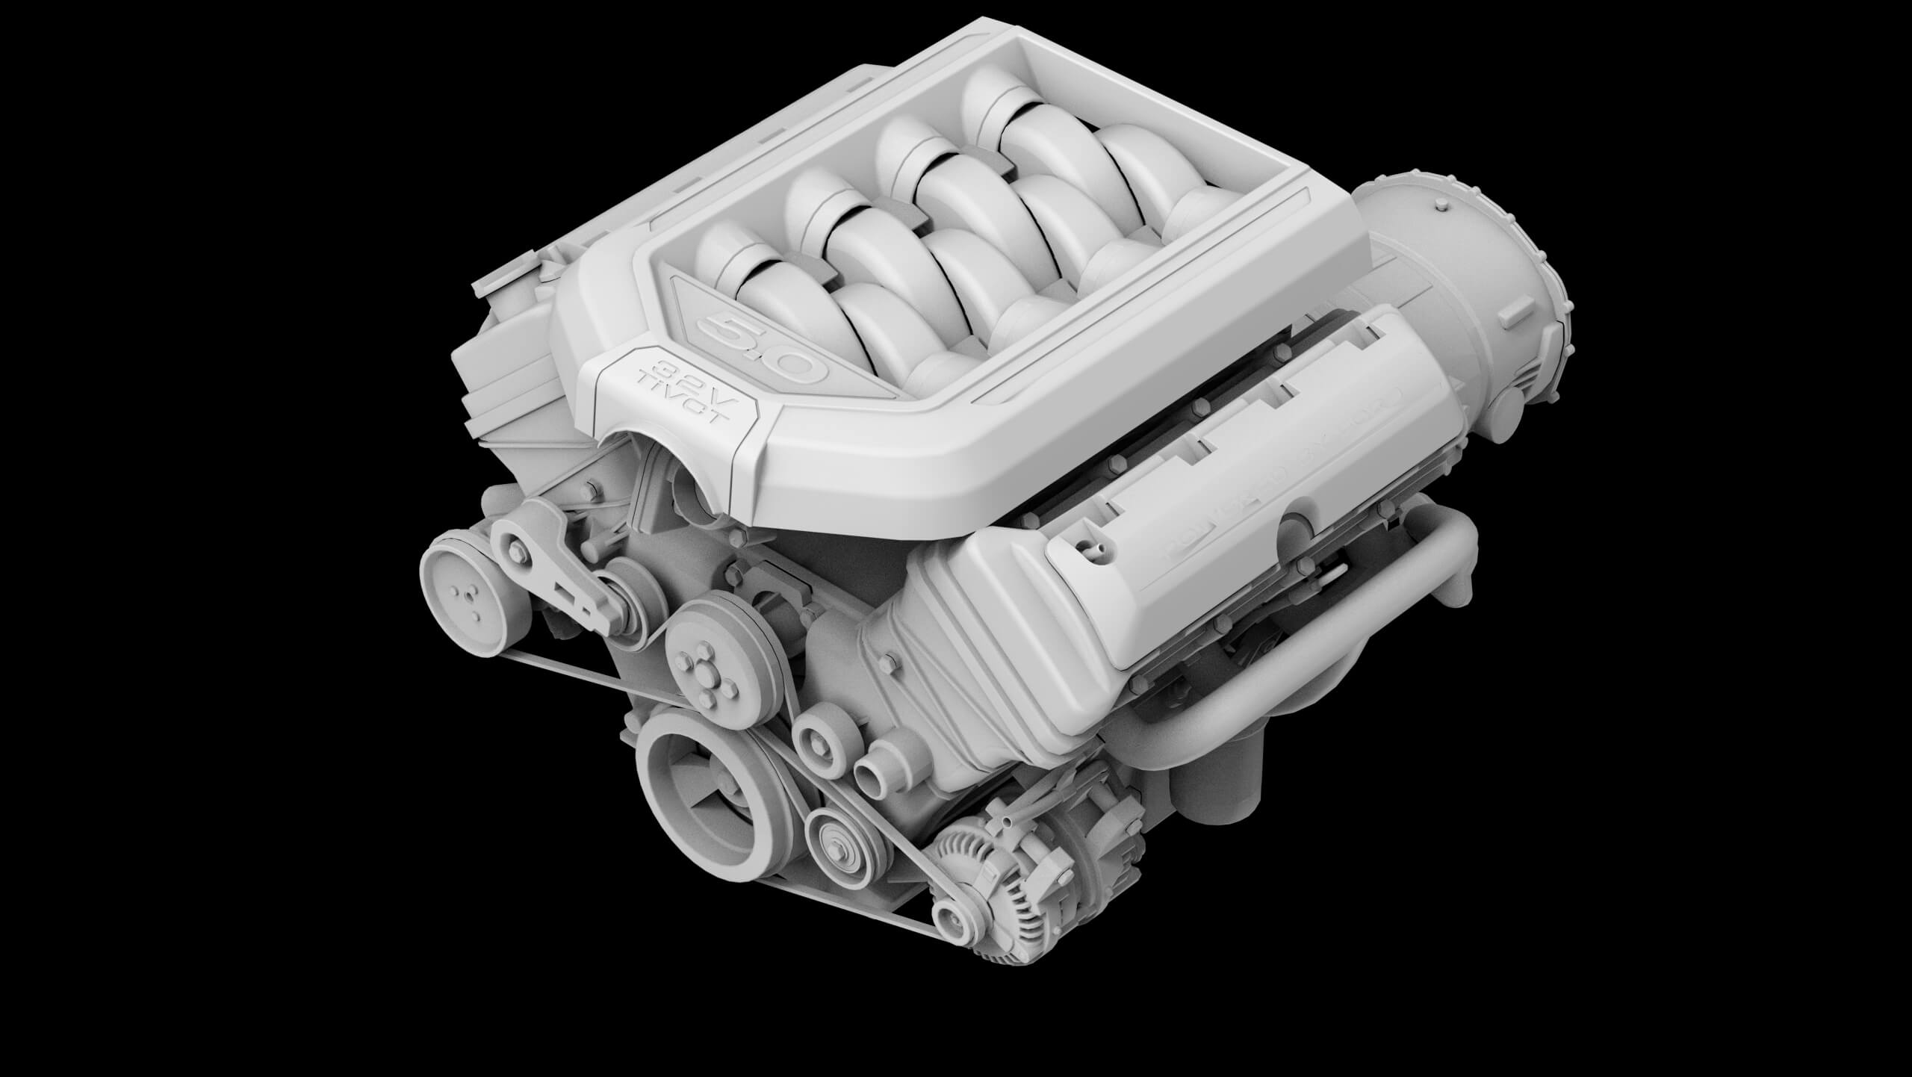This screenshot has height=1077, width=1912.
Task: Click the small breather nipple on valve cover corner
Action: coord(1093,553)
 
